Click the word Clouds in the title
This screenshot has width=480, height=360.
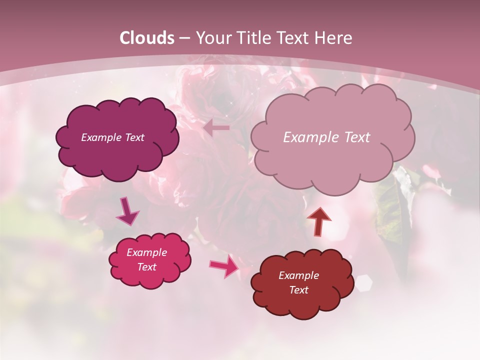147,38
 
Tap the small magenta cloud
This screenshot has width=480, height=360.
150,272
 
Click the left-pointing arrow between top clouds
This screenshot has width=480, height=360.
216,128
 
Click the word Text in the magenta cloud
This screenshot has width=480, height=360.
147,267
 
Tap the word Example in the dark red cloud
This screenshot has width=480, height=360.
298,275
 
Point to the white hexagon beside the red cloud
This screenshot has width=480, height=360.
363,283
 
